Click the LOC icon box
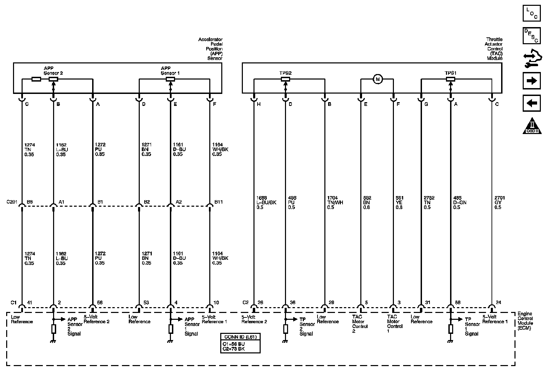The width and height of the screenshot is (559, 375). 531,13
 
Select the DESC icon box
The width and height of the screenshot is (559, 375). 531,36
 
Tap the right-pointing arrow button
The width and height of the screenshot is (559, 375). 531,81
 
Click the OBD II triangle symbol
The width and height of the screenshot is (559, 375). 532,126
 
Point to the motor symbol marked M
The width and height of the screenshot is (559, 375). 378,80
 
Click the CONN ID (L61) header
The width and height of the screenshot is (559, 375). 240,337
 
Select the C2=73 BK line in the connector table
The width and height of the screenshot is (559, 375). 234,349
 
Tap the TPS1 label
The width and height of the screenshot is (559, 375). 450,73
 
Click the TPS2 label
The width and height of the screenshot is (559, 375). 285,73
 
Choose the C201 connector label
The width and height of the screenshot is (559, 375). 12,202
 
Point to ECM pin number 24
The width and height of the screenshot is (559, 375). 498,303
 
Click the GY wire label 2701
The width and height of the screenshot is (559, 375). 500,198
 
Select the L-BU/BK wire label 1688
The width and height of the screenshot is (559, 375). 261,198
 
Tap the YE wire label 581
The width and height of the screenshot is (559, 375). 399,198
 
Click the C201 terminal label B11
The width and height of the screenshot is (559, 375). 219,202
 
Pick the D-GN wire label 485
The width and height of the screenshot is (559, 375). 457,198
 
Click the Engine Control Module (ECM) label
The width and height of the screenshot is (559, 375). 525,321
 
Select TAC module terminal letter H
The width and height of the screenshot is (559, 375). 259,104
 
